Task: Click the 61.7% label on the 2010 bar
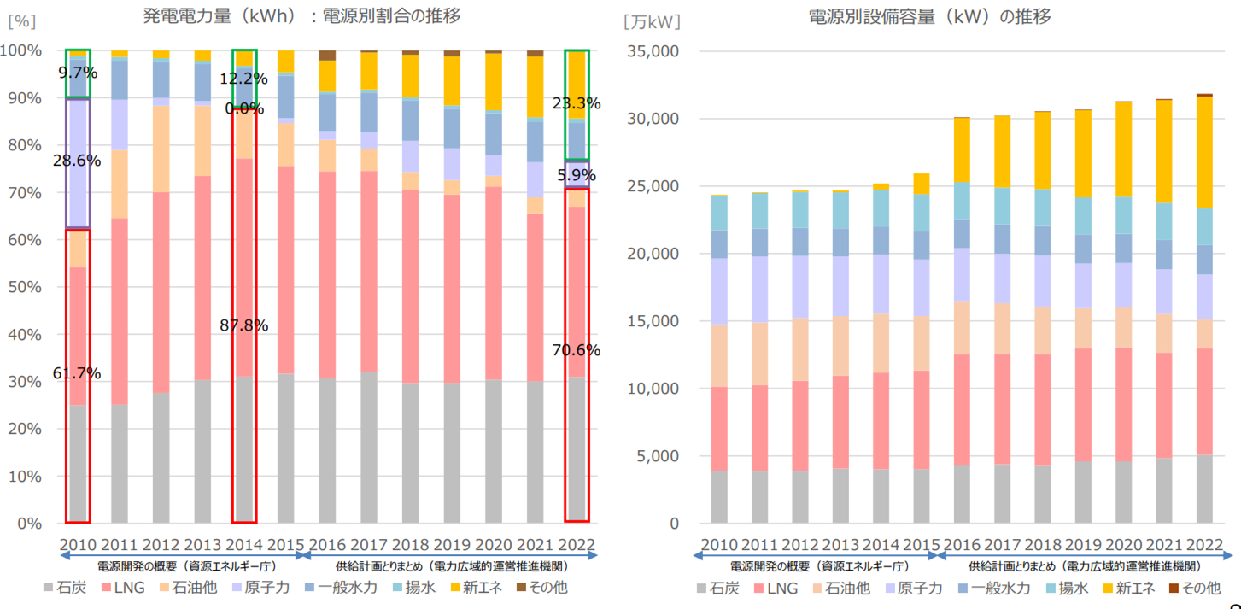[77, 373]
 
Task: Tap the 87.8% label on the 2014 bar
[243, 325]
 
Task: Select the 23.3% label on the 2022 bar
[577, 103]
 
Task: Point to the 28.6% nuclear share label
[77, 161]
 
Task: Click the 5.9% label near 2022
[577, 175]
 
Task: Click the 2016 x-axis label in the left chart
[328, 545]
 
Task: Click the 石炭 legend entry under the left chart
[68, 588]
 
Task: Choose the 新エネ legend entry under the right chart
[1128, 588]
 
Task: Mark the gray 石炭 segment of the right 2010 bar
[720, 496]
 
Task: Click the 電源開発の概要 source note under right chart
[819, 566]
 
